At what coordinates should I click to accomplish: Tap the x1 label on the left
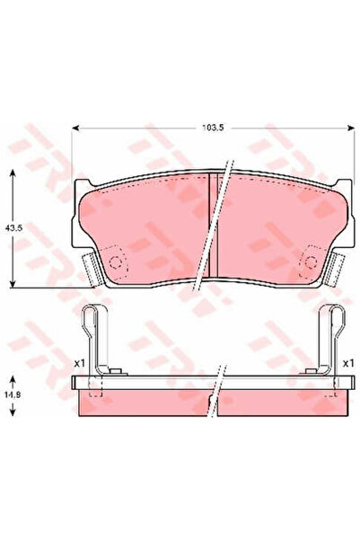(x=78, y=363)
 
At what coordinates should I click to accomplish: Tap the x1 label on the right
(x=347, y=363)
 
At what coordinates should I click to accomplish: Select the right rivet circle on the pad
(x=310, y=261)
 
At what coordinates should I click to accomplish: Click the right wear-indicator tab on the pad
(x=337, y=266)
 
